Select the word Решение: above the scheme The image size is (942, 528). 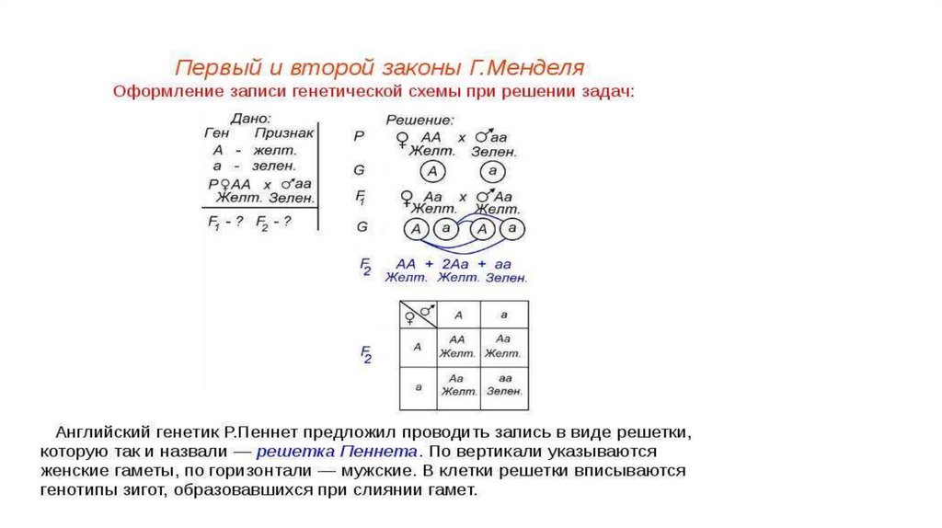pyautogui.click(x=419, y=120)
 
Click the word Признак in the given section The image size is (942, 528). pyautogui.click(x=284, y=133)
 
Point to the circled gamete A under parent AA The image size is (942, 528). pyautogui.click(x=434, y=171)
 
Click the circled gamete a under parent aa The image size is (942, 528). pyautogui.click(x=493, y=171)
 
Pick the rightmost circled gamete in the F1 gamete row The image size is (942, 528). pyautogui.click(x=512, y=228)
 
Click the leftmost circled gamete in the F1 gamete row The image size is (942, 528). pyautogui.click(x=416, y=228)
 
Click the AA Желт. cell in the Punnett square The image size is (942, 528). pyautogui.click(x=457, y=346)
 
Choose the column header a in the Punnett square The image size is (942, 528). pyautogui.click(x=504, y=315)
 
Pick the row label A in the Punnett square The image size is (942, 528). pyautogui.click(x=418, y=347)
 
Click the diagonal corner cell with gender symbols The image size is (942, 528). pyautogui.click(x=418, y=315)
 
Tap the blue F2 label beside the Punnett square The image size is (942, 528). pyautogui.click(x=366, y=355)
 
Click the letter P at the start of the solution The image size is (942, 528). pyautogui.click(x=359, y=135)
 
